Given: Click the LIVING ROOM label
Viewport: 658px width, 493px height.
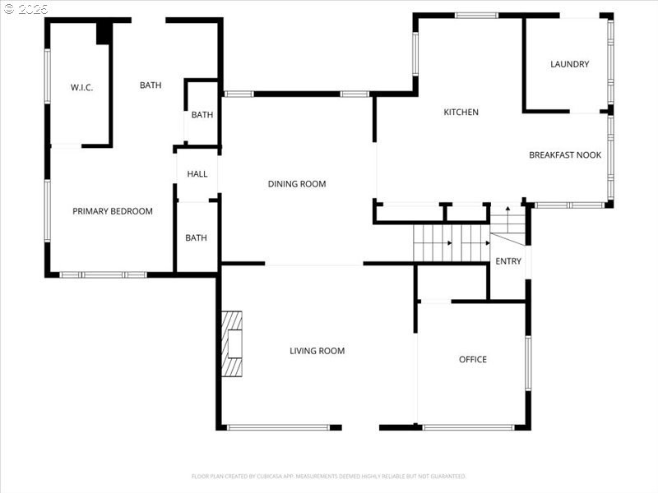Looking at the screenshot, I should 317,351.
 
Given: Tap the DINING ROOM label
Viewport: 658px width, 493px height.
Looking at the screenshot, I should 297,184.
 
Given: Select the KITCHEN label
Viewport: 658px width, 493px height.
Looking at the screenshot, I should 461,113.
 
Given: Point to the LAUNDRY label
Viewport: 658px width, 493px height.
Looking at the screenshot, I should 569,64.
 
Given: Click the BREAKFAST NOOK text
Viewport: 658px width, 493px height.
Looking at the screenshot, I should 564,154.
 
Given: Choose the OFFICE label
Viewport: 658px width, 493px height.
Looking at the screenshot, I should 473,359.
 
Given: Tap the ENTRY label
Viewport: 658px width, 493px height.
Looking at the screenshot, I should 508,261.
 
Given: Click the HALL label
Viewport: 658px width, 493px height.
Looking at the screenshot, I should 197,174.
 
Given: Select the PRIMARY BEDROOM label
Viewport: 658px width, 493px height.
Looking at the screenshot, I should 113,211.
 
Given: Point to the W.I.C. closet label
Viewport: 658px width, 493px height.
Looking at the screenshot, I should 81,87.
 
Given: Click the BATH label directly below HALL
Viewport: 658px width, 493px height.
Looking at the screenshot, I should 196,238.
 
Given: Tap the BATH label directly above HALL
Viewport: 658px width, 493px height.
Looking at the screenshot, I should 202,115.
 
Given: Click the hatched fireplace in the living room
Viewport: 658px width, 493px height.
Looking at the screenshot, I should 232,343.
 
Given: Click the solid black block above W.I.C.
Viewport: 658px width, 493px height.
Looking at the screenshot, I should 104,33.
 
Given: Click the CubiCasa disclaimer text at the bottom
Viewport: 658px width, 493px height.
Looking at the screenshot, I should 329,476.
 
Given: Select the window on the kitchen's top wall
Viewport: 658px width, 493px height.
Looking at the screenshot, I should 476,15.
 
